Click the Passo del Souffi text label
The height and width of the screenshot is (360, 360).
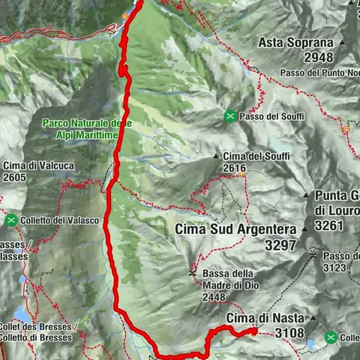tap(269, 115)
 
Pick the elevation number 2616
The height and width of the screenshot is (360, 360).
tap(234, 168)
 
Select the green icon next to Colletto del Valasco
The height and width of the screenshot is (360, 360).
tap(11, 220)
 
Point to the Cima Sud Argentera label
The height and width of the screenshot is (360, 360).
tap(235, 229)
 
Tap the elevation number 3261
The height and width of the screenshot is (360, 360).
tap(334, 224)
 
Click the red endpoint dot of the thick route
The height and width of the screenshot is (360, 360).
tap(254, 331)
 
